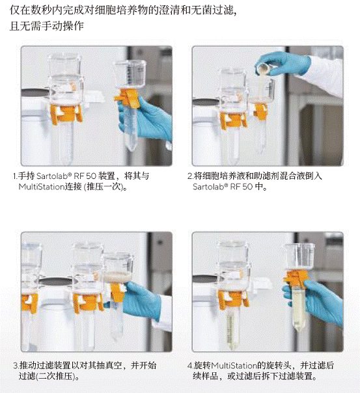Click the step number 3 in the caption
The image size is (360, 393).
click(16, 366)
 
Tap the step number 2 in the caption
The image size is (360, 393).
click(189, 176)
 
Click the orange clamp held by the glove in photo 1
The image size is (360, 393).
click(128, 98)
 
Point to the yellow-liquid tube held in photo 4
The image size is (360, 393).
click(298, 310)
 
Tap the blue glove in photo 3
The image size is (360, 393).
click(143, 299)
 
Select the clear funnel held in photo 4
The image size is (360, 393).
click(299, 256)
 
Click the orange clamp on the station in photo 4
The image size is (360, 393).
click(232, 299)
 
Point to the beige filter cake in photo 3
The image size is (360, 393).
click(117, 277)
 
